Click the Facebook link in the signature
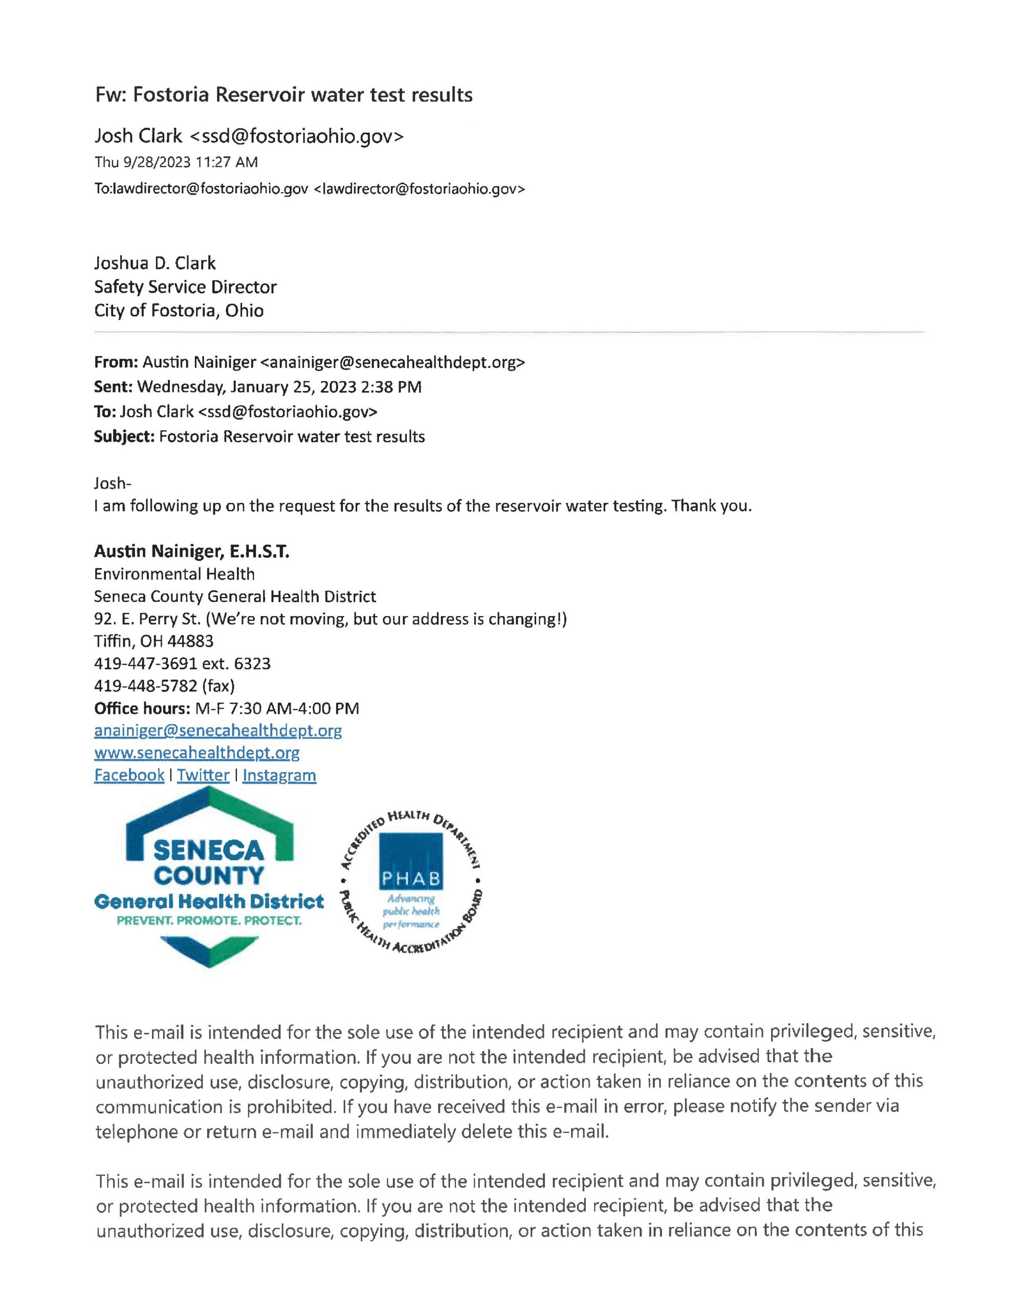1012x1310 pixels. (129, 775)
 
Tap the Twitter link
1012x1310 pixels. (203, 775)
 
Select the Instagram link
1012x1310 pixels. (279, 775)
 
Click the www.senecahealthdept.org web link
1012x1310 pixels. (197, 753)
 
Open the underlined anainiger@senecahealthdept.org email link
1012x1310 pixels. (218, 731)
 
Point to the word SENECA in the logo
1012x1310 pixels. (208, 850)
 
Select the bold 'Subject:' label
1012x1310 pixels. (124, 436)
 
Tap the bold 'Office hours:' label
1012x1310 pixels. (142, 708)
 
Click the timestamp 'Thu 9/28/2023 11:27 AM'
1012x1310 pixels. (176, 162)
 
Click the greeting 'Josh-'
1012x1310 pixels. (112, 483)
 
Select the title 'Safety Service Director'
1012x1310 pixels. (185, 287)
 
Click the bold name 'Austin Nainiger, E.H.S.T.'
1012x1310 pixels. (191, 551)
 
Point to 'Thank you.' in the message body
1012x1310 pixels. (711, 506)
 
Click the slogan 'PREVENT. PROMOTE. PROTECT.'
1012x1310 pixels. (209, 920)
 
